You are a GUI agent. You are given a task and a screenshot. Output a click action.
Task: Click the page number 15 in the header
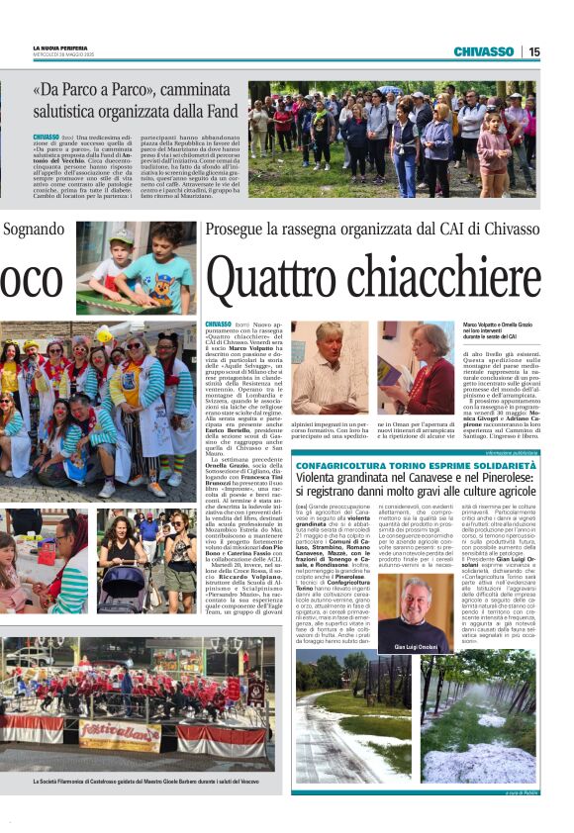tap(533, 51)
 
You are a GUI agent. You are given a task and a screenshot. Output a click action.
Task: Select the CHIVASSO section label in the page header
tap(483, 51)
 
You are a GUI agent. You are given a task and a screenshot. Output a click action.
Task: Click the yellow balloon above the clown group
tap(105, 336)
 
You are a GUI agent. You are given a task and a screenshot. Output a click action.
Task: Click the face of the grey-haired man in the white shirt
tap(328, 343)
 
